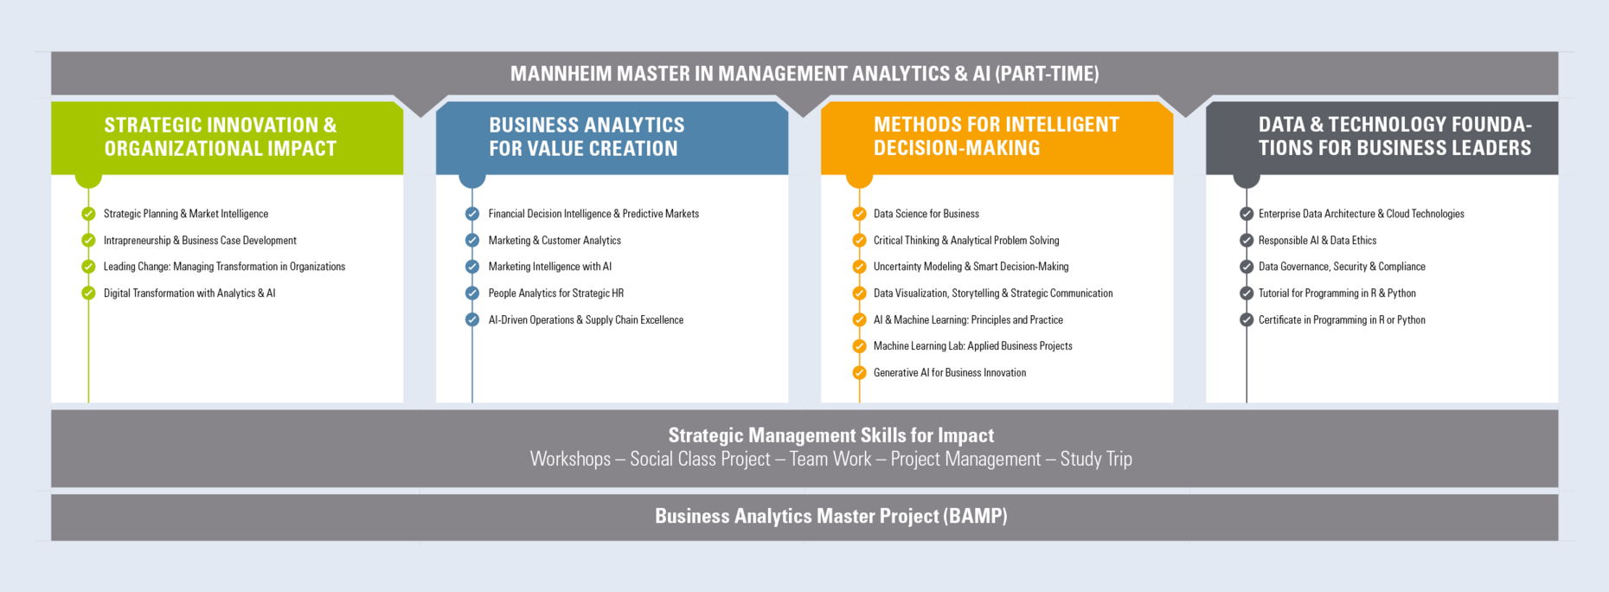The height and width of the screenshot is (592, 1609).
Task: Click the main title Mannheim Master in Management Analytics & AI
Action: tap(804, 74)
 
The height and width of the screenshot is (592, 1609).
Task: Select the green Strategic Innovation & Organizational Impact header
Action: tap(228, 138)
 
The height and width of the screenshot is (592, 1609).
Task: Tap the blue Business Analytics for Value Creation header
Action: tap(612, 138)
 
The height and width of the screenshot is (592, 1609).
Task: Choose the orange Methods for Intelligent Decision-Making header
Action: tap(997, 138)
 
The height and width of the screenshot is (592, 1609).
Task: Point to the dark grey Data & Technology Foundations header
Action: tap(1381, 138)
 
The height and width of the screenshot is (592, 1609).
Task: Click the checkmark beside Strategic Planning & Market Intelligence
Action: tap(88, 214)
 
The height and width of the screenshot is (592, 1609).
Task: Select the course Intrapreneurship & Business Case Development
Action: tap(200, 241)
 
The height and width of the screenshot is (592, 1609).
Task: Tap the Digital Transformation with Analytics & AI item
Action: tap(189, 293)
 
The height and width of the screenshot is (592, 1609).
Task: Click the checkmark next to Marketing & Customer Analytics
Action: tap(472, 241)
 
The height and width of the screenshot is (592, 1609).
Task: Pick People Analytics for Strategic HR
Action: tap(556, 293)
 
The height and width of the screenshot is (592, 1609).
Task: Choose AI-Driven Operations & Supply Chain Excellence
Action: tap(586, 320)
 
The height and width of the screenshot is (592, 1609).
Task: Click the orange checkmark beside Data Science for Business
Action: tap(859, 214)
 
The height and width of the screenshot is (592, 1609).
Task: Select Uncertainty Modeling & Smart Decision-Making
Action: tap(971, 267)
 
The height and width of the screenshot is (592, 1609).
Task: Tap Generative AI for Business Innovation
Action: tap(950, 373)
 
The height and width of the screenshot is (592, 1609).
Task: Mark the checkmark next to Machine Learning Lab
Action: tap(859, 346)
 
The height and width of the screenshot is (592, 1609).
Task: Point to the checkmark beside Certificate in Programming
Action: tap(1247, 320)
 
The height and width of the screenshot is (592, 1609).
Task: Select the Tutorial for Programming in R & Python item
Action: tap(1337, 293)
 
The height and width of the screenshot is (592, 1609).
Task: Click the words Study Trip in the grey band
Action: tap(1096, 459)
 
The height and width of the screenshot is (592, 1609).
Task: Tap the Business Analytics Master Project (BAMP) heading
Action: tap(831, 516)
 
